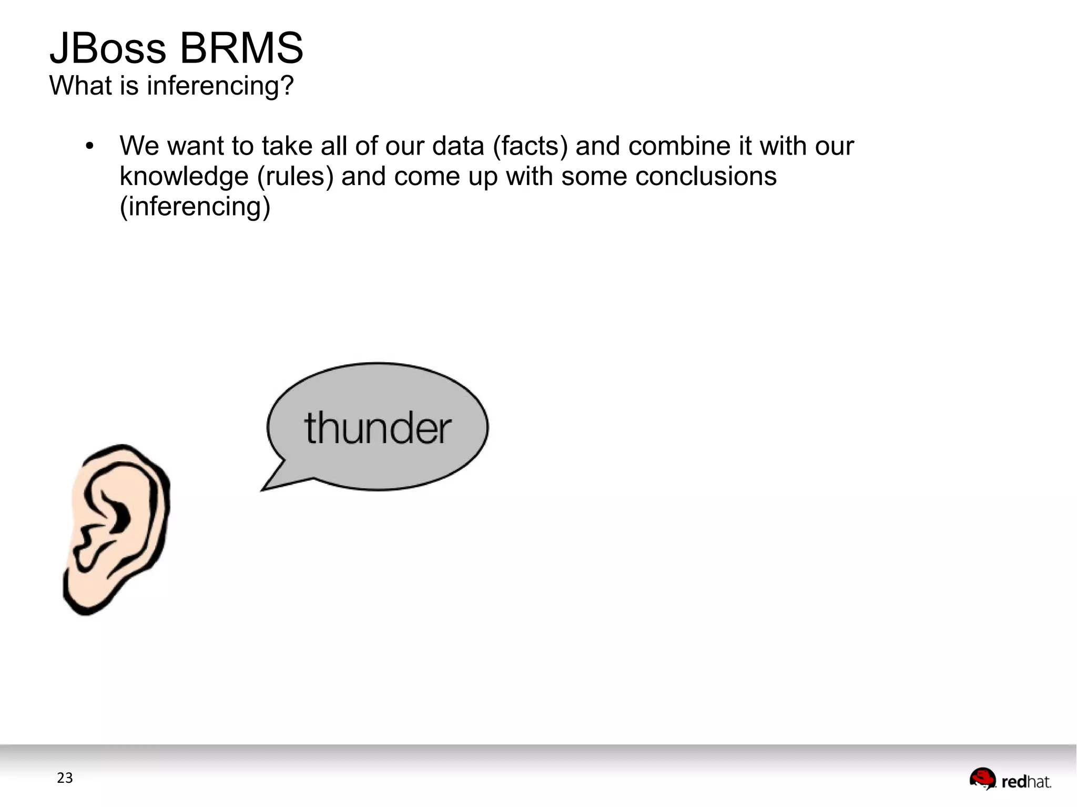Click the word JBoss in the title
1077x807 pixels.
point(108,48)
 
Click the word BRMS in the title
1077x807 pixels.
point(241,48)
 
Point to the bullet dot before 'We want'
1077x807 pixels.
point(89,146)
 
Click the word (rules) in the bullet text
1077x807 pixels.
point(295,177)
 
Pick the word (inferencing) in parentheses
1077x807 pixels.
point(195,207)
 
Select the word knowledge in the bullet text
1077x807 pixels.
point(184,177)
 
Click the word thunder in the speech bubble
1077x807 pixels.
point(378,428)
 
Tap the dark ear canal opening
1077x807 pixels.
point(122,517)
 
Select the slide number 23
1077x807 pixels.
point(65,778)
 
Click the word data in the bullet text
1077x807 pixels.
point(458,146)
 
